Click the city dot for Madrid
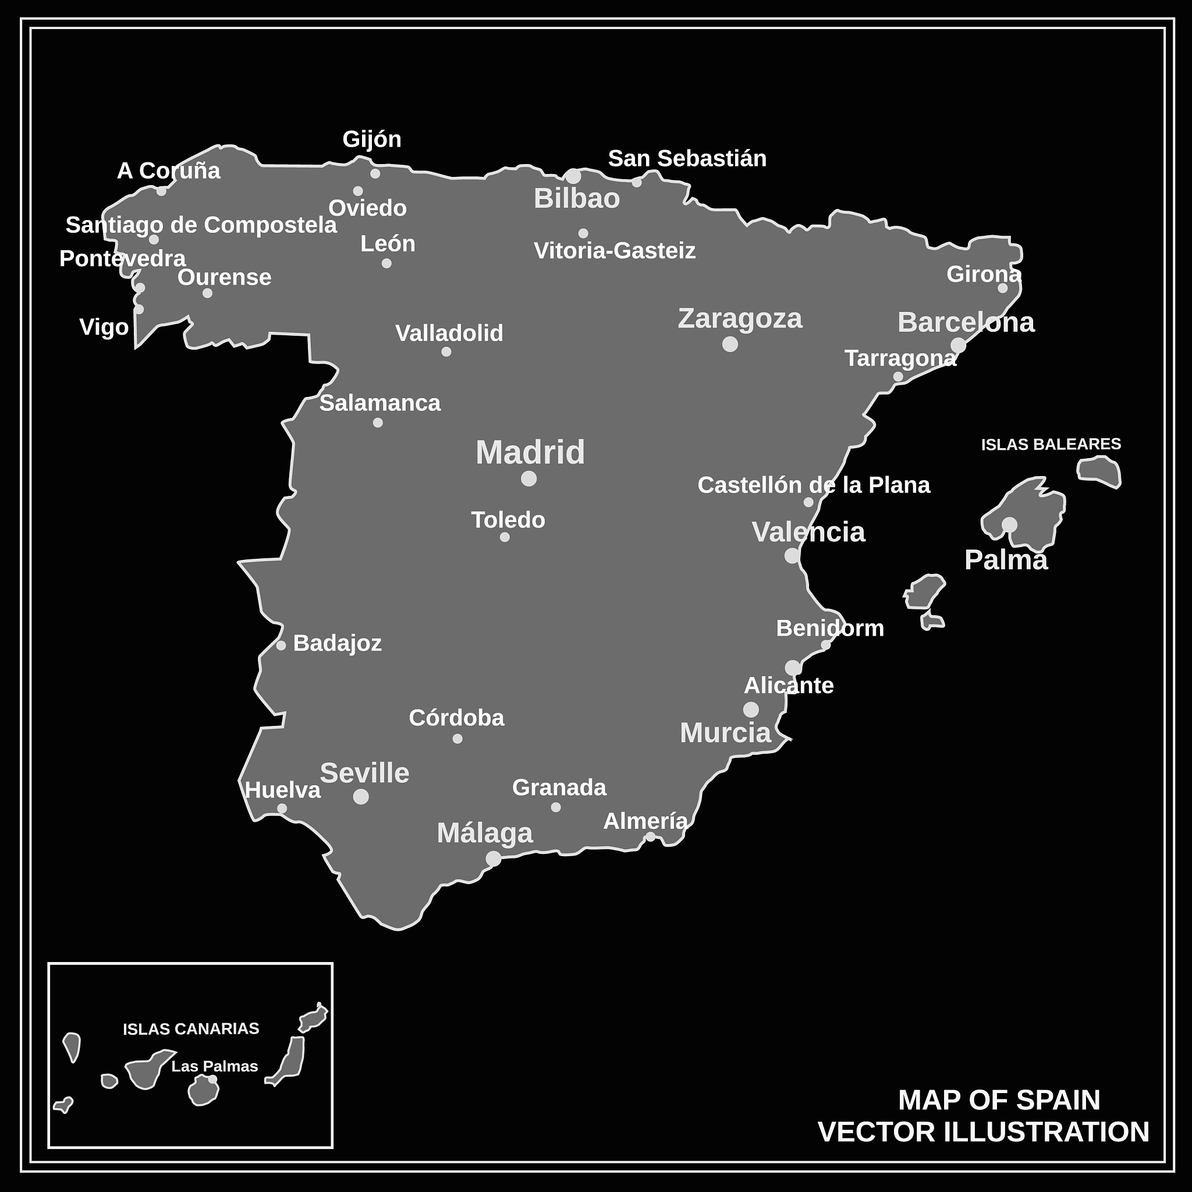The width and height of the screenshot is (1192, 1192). pyautogui.click(x=528, y=478)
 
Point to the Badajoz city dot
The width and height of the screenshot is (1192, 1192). pyautogui.click(x=281, y=645)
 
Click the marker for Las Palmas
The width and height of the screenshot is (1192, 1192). pyautogui.click(x=212, y=1079)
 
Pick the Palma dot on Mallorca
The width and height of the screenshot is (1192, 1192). pyautogui.click(x=1009, y=524)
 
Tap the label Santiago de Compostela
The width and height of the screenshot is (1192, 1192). pyautogui.click(x=201, y=225)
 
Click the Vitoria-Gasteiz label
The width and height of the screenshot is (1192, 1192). pyautogui.click(x=615, y=250)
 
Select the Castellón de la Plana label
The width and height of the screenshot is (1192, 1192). pyautogui.click(x=814, y=485)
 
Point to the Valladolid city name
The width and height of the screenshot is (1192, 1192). pyautogui.click(x=449, y=333)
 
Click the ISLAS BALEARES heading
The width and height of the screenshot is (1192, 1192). pyautogui.click(x=1051, y=444)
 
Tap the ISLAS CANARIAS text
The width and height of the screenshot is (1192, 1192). pyautogui.click(x=191, y=1028)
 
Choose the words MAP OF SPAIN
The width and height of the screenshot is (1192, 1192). pyautogui.click(x=999, y=1100)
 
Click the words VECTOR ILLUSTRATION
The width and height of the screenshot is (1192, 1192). pyautogui.click(x=984, y=1132)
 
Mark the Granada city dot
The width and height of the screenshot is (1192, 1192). pyautogui.click(x=556, y=807)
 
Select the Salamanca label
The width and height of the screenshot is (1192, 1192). pyautogui.click(x=380, y=403)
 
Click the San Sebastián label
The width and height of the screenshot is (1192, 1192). pyautogui.click(x=687, y=158)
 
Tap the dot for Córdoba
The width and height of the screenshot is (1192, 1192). pyautogui.click(x=457, y=739)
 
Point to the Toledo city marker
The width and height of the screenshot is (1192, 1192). pyautogui.click(x=505, y=537)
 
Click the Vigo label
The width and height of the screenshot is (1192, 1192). pyautogui.click(x=104, y=327)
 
